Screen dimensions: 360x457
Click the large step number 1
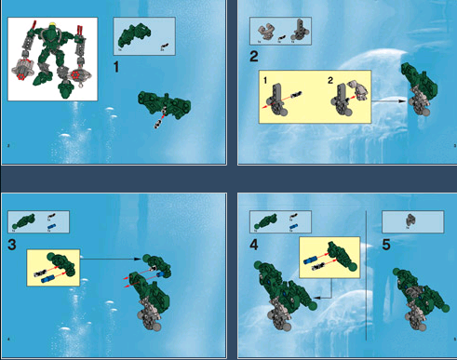115,68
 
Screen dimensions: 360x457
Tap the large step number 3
12,245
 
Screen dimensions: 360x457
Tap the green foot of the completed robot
64,93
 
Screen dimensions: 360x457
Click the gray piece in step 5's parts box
410,220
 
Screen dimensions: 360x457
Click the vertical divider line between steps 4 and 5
370,279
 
